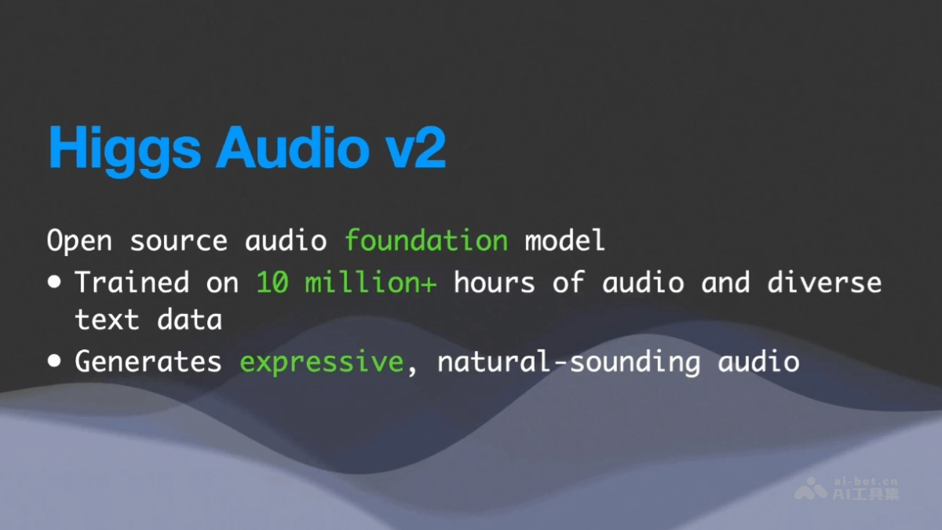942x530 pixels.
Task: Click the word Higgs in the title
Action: pyautogui.click(x=125, y=147)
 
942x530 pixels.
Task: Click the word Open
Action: pyautogui.click(x=79, y=241)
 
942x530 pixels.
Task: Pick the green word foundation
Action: pyautogui.click(x=426, y=240)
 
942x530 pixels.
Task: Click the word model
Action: pyautogui.click(x=565, y=240)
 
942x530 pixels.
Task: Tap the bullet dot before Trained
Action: pyautogui.click(x=54, y=282)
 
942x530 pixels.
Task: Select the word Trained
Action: pyautogui.click(x=132, y=281)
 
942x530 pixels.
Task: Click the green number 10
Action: pyautogui.click(x=272, y=281)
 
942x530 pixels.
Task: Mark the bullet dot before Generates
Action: pyautogui.click(x=54, y=362)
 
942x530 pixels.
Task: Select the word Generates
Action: pyautogui.click(x=148, y=361)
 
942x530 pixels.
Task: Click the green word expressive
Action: pyautogui.click(x=321, y=362)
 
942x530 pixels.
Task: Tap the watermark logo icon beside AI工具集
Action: pyautogui.click(x=810, y=491)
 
